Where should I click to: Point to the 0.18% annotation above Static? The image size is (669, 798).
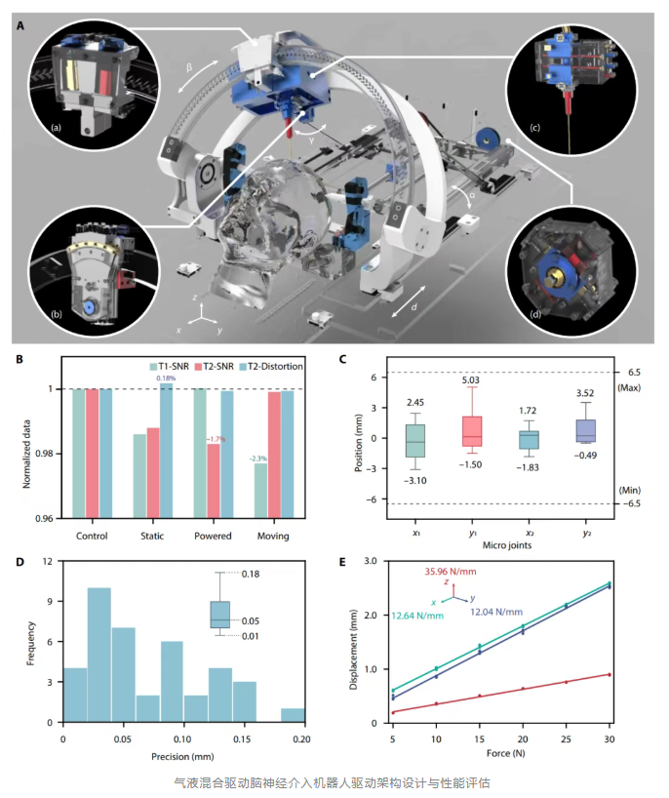[x=166, y=378]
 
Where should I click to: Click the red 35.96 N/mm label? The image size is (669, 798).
[x=453, y=574]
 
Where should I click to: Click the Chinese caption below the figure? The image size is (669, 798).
[x=332, y=781]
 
